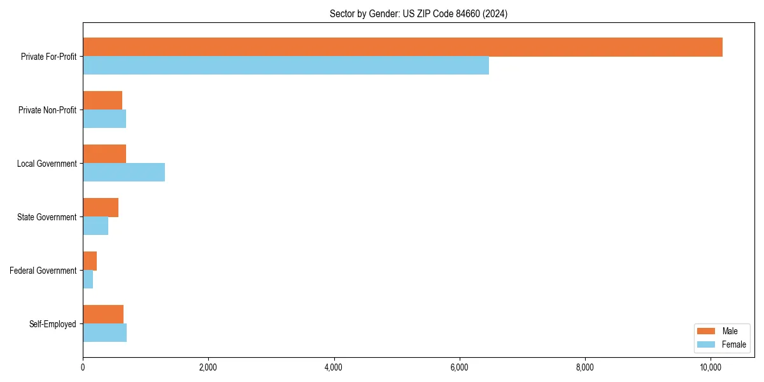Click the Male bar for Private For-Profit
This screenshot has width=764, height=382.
pyautogui.click(x=402, y=47)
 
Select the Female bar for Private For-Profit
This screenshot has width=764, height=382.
pyautogui.click(x=286, y=66)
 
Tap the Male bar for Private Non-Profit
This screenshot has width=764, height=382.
pyautogui.click(x=103, y=101)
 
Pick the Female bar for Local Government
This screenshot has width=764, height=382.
pyautogui.click(x=124, y=173)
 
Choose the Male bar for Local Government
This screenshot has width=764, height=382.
pyautogui.click(x=104, y=154)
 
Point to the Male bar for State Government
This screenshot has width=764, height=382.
pyautogui.click(x=101, y=208)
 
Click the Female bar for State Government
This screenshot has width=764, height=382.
pyautogui.click(x=95, y=226)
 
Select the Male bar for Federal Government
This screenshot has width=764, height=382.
pyautogui.click(x=90, y=261)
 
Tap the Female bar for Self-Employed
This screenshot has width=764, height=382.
pyautogui.click(x=104, y=333)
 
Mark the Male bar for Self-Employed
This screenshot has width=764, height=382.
pyautogui.click(x=103, y=315)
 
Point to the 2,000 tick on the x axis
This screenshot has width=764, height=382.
pyautogui.click(x=208, y=367)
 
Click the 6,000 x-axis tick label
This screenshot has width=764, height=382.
pyautogui.click(x=459, y=367)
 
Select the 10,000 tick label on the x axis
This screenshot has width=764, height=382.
pyautogui.click(x=710, y=367)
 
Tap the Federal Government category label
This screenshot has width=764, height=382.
pyautogui.click(x=43, y=271)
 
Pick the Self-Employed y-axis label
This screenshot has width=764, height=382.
pyautogui.click(x=52, y=324)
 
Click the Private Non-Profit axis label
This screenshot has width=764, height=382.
pyautogui.click(x=47, y=110)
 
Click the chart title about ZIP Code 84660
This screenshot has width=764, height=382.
pyautogui.click(x=418, y=14)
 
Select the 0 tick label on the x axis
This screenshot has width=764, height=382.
pyautogui.click(x=83, y=367)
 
